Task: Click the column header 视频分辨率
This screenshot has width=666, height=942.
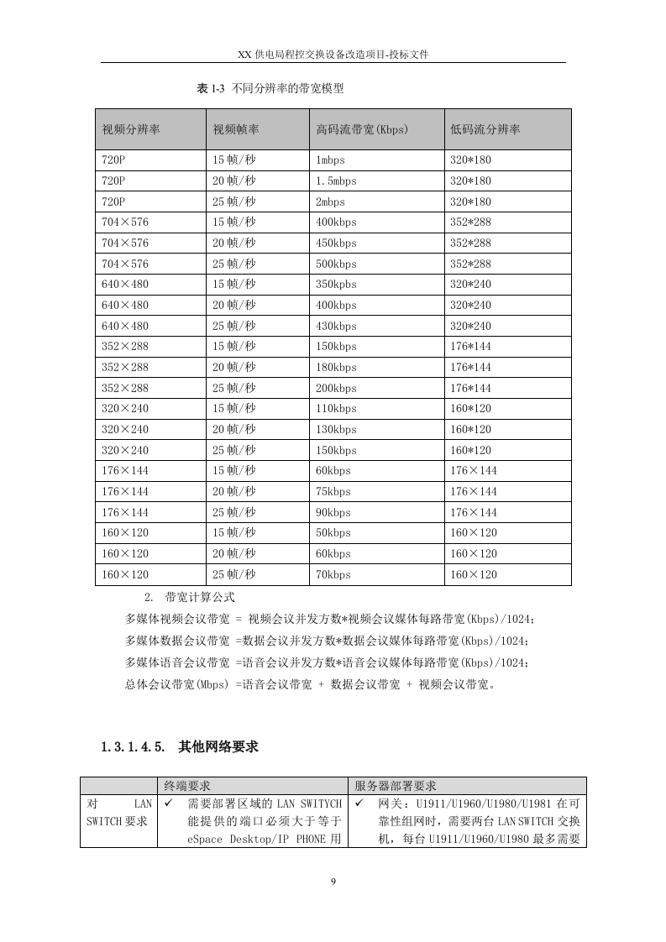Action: point(131,129)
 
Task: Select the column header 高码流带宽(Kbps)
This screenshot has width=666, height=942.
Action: point(361,129)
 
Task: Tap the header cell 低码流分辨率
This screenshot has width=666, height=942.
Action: point(485,129)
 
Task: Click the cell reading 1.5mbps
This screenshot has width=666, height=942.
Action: point(336,181)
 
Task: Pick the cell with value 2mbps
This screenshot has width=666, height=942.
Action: point(330,202)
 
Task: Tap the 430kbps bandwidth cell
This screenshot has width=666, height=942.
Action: point(336,326)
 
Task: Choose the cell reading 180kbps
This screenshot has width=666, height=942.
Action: point(336,368)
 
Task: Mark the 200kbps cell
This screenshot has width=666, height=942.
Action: point(336,388)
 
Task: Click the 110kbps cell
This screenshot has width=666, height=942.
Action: point(336,409)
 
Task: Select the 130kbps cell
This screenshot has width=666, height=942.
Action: point(336,430)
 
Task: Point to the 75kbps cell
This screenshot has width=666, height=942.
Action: point(333,492)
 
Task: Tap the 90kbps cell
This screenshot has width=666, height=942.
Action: point(333,513)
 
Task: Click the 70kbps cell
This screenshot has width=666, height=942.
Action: point(333,575)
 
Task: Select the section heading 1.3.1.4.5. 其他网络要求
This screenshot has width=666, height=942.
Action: point(180,746)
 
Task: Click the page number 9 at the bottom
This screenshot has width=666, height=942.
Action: point(333,881)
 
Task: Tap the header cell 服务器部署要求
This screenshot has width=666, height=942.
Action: point(396,786)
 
